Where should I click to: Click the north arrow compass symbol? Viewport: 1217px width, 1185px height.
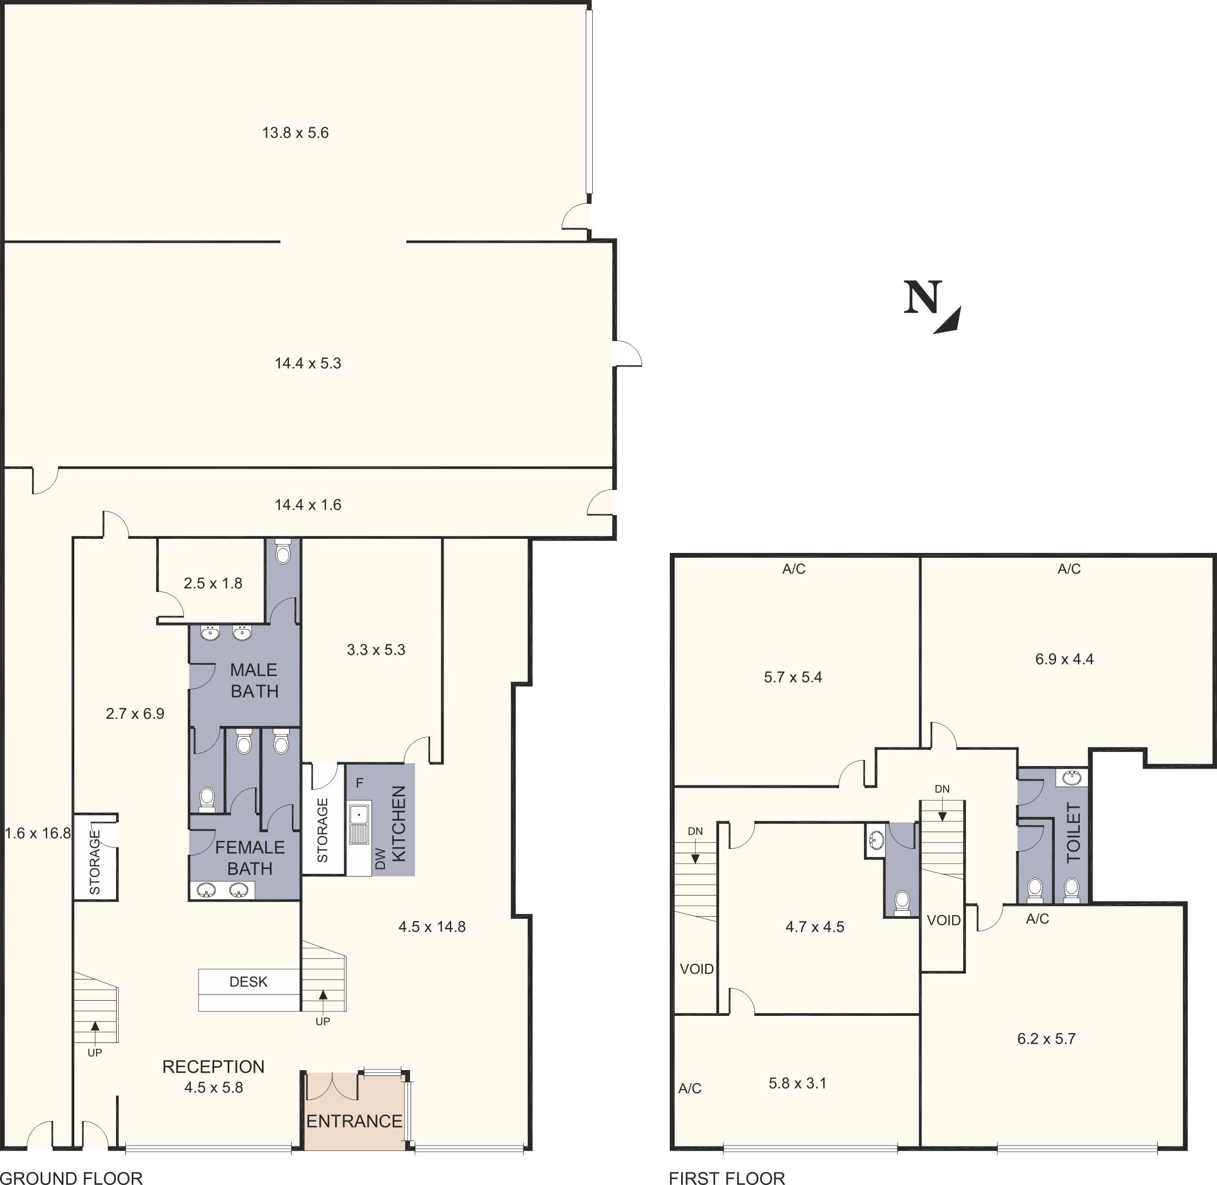click(x=932, y=307)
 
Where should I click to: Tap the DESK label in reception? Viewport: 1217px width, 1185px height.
click(x=248, y=982)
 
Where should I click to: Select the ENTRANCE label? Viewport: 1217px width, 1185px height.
click(x=354, y=1121)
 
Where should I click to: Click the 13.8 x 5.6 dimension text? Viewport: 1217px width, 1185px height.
click(x=295, y=133)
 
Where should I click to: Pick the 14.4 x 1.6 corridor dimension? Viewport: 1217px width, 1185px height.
click(x=308, y=505)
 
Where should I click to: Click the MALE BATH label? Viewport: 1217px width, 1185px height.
click(x=254, y=680)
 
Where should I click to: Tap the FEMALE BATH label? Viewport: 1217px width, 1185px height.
click(x=249, y=858)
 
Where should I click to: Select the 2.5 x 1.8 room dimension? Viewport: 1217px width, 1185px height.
click(x=213, y=583)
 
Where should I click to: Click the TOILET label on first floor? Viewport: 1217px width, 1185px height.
click(x=1074, y=833)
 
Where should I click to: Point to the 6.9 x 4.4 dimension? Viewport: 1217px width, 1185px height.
click(x=1065, y=659)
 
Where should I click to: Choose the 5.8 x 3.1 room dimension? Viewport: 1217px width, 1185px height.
click(x=797, y=1084)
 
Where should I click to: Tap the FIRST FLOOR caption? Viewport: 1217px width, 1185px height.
click(x=727, y=1177)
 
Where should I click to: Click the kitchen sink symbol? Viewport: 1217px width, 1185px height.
click(x=359, y=824)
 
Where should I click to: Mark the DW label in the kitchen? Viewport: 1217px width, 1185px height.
click(x=380, y=859)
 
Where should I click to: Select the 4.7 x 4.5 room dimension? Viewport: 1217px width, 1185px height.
click(x=815, y=927)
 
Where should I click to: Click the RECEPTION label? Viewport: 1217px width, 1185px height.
click(x=214, y=1067)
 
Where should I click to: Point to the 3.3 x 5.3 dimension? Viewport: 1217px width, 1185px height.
click(x=376, y=650)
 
